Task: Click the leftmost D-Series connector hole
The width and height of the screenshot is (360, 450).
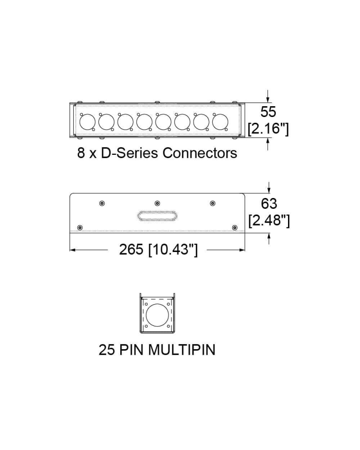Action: click(86, 121)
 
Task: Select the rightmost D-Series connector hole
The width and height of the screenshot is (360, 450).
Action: click(220, 121)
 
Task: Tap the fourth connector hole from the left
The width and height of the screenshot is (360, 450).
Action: click(144, 121)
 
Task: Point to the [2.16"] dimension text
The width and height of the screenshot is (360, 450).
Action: click(268, 129)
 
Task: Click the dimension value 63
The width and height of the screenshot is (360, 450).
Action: click(269, 203)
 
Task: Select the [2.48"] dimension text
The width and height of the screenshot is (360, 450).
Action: click(269, 220)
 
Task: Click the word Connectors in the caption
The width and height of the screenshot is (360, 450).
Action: click(199, 153)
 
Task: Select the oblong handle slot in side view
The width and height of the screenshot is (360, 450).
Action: click(157, 216)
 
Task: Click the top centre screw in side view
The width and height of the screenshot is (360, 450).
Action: click(157, 203)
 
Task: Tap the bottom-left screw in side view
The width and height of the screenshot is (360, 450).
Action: click(80, 227)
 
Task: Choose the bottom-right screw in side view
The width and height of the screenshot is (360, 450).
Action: click(234, 227)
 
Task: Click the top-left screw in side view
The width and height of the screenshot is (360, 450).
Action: click(102, 203)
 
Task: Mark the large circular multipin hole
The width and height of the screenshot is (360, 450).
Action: click(157, 315)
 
